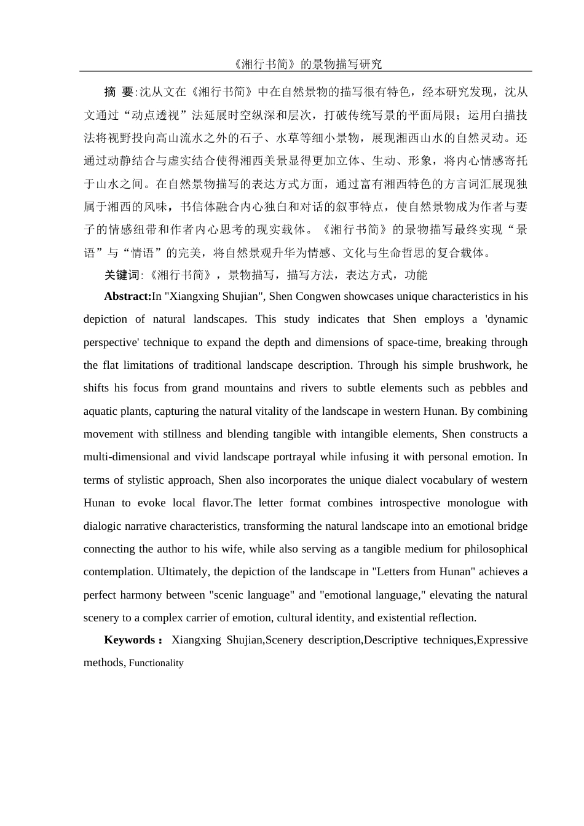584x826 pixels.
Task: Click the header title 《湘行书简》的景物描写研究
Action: [306, 64]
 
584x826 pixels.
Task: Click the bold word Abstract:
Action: [127, 296]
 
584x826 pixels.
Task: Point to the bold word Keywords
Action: [129, 640]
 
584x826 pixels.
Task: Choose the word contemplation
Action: [117, 572]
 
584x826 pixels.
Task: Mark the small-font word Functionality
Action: [156, 663]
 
